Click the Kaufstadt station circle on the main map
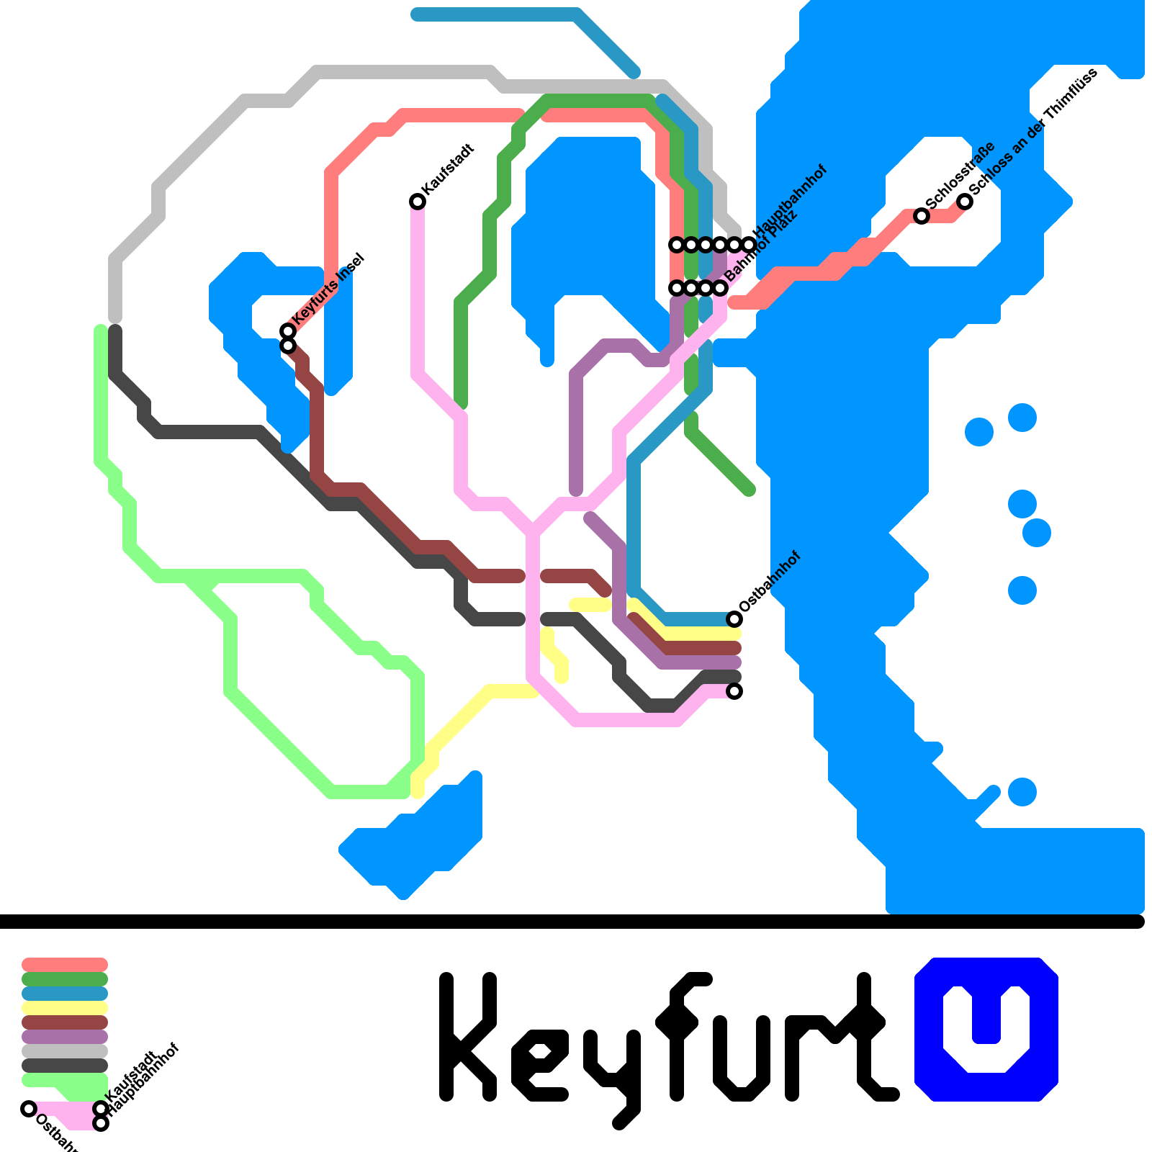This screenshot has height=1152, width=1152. pyautogui.click(x=418, y=201)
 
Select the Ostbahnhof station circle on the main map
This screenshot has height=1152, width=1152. pyautogui.click(x=734, y=618)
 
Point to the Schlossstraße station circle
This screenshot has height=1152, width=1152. pyautogui.click(x=921, y=215)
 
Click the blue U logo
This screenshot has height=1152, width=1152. pyautogui.click(x=986, y=1029)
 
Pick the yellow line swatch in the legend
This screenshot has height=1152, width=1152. pyautogui.click(x=65, y=1008)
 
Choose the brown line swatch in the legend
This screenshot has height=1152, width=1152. pyautogui.click(x=65, y=1022)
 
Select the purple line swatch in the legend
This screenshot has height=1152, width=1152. pyautogui.click(x=65, y=1037)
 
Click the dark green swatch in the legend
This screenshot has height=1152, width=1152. pyautogui.click(x=65, y=979)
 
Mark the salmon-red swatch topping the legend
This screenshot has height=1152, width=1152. pyautogui.click(x=65, y=965)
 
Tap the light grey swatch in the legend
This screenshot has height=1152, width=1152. pyautogui.click(x=65, y=1051)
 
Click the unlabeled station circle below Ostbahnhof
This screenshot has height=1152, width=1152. pyautogui.click(x=734, y=691)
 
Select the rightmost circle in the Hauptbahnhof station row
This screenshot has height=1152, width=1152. pyautogui.click(x=749, y=245)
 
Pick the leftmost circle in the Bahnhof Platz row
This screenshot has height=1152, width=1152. pyautogui.click(x=677, y=288)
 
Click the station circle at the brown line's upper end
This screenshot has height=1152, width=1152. pyautogui.click(x=288, y=346)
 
